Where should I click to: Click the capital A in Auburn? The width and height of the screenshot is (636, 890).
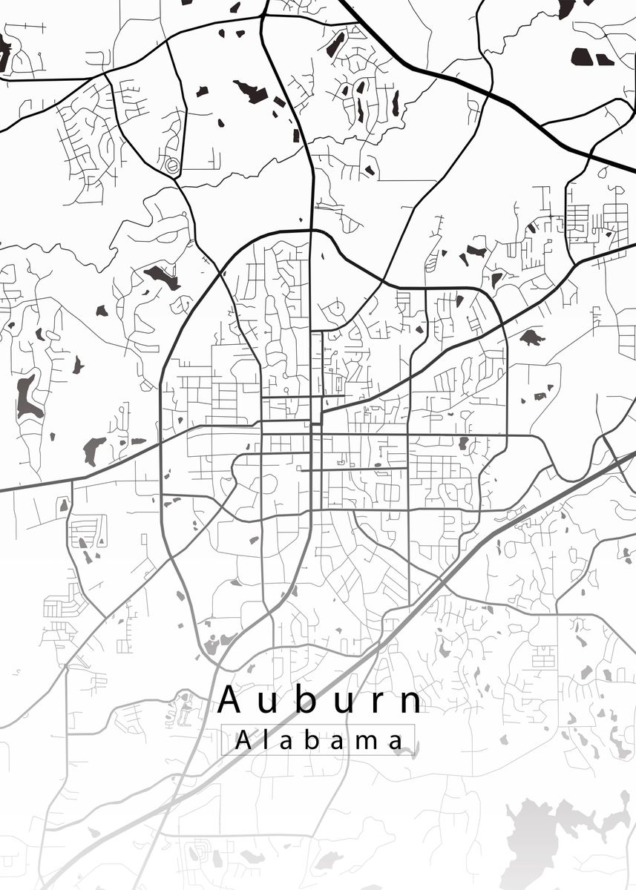pyautogui.click(x=230, y=700)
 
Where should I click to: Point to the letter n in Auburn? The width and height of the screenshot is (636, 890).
pyautogui.click(x=410, y=703)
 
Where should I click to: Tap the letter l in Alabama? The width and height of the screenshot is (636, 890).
pyautogui.click(x=263, y=739)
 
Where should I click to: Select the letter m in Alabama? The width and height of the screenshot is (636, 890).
pyautogui.click(x=361, y=742)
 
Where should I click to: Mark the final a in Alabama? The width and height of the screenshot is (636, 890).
pyautogui.click(x=396, y=742)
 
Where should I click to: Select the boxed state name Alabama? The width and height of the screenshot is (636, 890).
pyautogui.click(x=318, y=740)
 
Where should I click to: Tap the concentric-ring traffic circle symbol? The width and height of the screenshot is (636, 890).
pyautogui.click(x=172, y=166)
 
